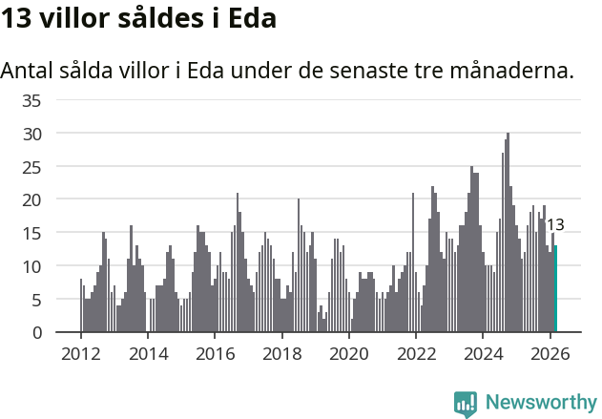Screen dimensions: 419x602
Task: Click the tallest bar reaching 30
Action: click(x=508, y=234)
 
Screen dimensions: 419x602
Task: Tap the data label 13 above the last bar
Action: click(x=554, y=226)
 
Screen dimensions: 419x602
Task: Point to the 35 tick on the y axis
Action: click(x=31, y=100)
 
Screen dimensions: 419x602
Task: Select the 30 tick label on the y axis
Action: click(x=31, y=134)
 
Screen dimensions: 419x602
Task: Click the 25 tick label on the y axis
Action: click(x=31, y=167)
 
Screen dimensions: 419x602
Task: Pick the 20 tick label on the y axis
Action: click(x=31, y=200)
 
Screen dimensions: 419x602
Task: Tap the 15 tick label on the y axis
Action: click(x=31, y=233)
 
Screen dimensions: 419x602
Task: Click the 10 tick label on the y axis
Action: click(x=31, y=266)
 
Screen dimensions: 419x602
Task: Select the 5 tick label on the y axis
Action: click(x=36, y=300)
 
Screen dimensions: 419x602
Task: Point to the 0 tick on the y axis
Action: click(x=36, y=332)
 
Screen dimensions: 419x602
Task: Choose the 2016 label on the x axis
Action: click(x=215, y=354)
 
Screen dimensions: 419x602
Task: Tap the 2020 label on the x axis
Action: click(x=348, y=354)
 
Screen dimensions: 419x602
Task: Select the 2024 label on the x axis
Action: click(x=483, y=354)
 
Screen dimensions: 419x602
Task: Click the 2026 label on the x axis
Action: click(x=550, y=354)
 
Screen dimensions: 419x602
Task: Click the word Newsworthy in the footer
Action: click(x=541, y=402)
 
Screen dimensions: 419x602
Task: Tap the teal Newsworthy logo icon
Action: click(x=466, y=404)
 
